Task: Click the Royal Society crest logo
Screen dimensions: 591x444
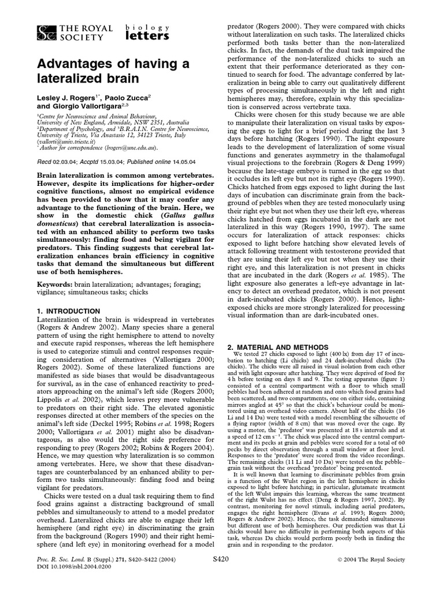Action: point(45,32)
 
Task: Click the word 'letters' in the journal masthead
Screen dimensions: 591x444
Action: point(148,36)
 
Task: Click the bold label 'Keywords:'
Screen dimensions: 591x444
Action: point(54,285)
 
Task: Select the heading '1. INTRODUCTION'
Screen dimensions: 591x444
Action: point(68,311)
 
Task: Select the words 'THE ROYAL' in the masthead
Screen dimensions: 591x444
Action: point(77,27)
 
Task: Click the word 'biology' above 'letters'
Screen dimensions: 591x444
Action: point(147,26)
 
